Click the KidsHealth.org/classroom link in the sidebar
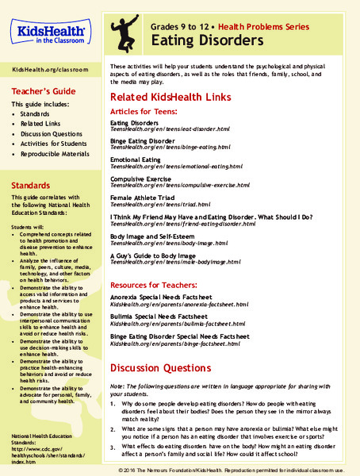click(x=48, y=70)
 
